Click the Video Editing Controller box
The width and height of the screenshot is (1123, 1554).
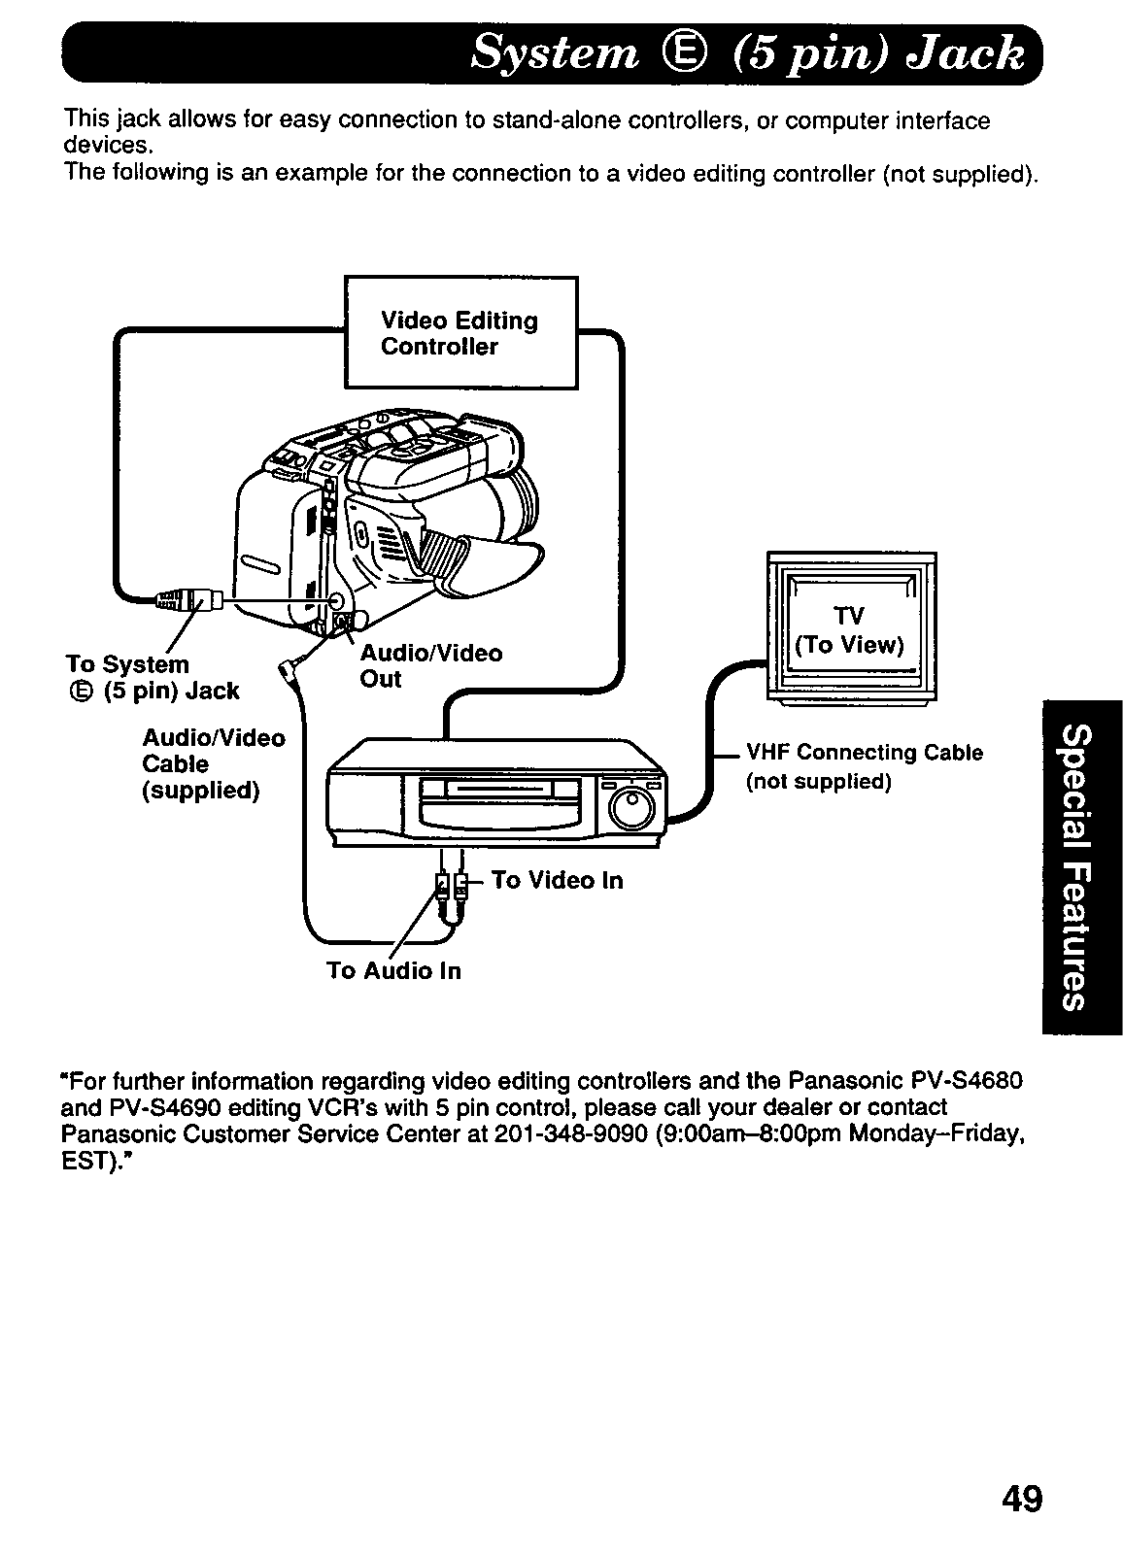coord(461,333)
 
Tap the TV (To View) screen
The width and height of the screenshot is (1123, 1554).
coord(850,629)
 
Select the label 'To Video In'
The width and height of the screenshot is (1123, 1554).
coord(557,881)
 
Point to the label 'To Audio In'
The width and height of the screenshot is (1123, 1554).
coord(393,971)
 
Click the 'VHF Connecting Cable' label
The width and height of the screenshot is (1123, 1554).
coord(864,754)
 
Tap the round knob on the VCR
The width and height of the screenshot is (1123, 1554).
coord(633,805)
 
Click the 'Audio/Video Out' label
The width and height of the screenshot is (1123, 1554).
coord(430,665)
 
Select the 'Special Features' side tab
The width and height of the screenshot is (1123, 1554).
coord(1080,866)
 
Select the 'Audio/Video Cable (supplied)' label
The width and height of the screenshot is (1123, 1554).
coord(213,764)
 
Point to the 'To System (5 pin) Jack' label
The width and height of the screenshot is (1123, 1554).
coord(152,677)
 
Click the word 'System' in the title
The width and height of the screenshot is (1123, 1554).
coord(554,53)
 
